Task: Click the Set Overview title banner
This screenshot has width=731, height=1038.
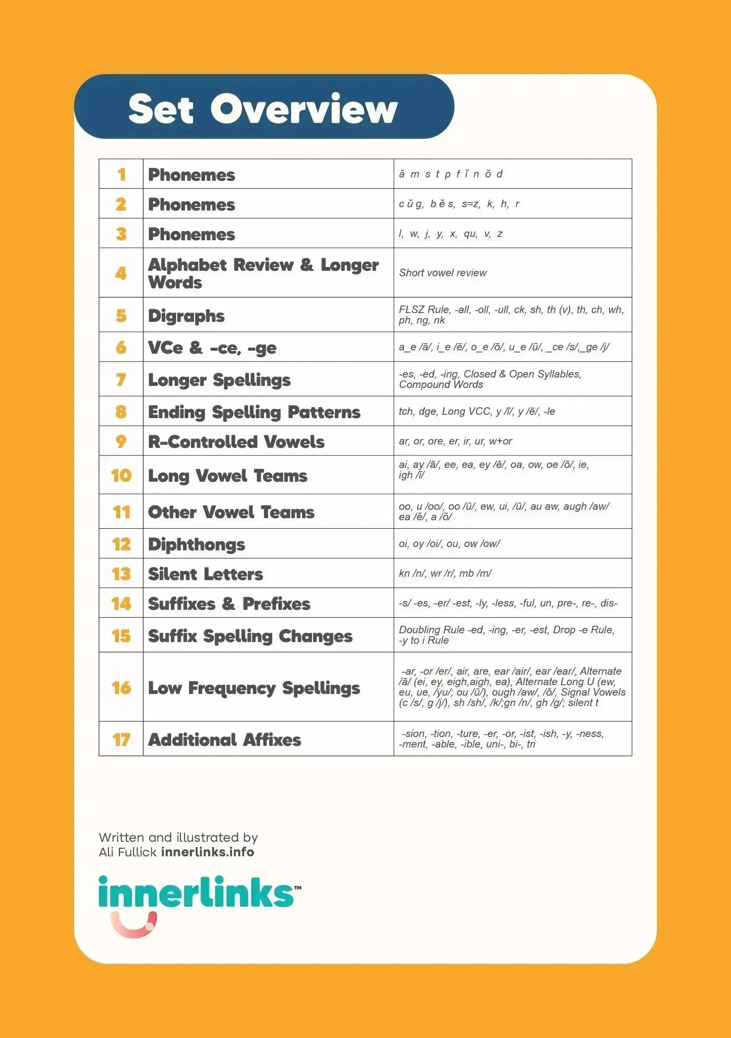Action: pyautogui.click(x=263, y=107)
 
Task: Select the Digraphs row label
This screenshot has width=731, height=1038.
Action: pyautogui.click(x=186, y=316)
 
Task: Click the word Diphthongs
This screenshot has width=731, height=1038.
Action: pyautogui.click(x=197, y=544)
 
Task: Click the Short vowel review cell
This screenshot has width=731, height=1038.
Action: pyautogui.click(x=442, y=272)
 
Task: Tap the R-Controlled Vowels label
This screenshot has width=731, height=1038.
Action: pyautogui.click(x=236, y=441)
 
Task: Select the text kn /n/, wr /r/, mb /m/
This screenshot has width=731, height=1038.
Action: pyautogui.click(x=445, y=573)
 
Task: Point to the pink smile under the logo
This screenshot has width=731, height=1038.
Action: pyautogui.click(x=134, y=925)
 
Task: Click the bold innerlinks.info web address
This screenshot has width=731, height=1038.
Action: pyautogui.click(x=207, y=852)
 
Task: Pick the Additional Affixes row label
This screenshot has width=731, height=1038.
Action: pyautogui.click(x=224, y=740)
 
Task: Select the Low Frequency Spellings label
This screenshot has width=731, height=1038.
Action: pyautogui.click(x=254, y=688)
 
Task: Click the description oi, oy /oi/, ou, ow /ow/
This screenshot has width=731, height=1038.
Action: pyautogui.click(x=449, y=543)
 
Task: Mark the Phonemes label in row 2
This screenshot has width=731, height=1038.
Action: pyautogui.click(x=192, y=204)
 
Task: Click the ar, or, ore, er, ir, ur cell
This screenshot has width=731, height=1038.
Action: pyautogui.click(x=455, y=441)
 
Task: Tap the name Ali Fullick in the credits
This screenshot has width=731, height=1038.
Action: pyautogui.click(x=128, y=852)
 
